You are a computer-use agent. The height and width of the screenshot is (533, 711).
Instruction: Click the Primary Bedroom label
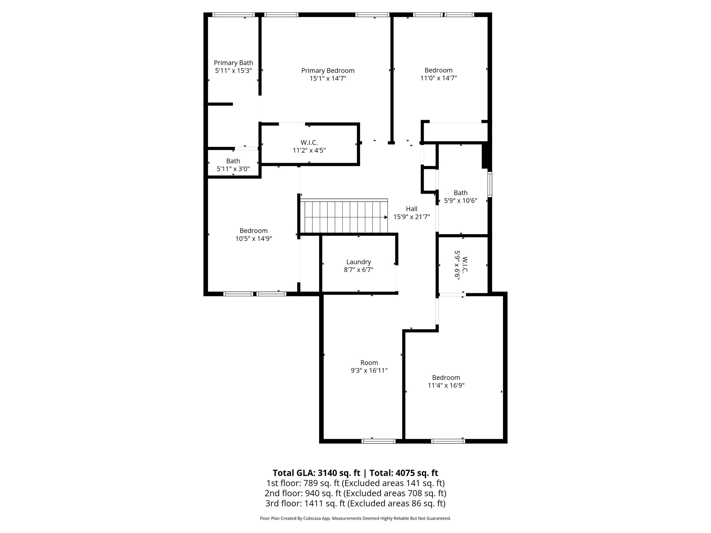tap(328, 71)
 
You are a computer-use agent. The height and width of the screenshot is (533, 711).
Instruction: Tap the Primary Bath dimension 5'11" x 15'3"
tap(233, 70)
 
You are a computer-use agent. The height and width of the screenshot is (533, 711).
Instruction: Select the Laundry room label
tap(359, 262)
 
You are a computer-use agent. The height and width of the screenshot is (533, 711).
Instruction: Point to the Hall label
tap(411, 209)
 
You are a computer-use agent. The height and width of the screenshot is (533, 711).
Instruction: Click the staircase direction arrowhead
tap(386, 217)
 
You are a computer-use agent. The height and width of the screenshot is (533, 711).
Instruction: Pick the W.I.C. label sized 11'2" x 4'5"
tap(309, 143)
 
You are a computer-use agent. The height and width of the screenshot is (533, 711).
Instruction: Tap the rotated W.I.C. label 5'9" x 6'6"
tap(461, 266)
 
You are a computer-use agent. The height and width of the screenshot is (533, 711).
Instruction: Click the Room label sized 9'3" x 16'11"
tap(369, 363)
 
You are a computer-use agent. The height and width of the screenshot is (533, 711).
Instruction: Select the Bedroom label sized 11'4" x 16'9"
tap(446, 378)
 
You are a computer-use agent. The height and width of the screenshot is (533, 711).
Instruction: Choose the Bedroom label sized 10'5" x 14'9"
tap(253, 231)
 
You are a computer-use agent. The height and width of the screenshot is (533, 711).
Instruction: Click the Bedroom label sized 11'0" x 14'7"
tap(438, 70)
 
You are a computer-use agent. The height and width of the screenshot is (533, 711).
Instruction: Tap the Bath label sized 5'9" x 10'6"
tap(461, 193)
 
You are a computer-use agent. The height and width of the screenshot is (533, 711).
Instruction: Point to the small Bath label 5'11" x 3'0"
tap(233, 161)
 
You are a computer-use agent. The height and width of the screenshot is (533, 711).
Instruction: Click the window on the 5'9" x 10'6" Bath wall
tap(490, 184)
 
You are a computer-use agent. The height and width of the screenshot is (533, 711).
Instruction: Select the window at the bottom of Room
tap(378, 441)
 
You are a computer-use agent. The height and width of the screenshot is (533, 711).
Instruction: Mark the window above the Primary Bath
tap(233, 15)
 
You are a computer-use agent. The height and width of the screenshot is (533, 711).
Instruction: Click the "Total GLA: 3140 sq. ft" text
tap(317, 473)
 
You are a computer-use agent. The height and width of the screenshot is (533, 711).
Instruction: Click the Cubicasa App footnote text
tap(355, 518)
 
